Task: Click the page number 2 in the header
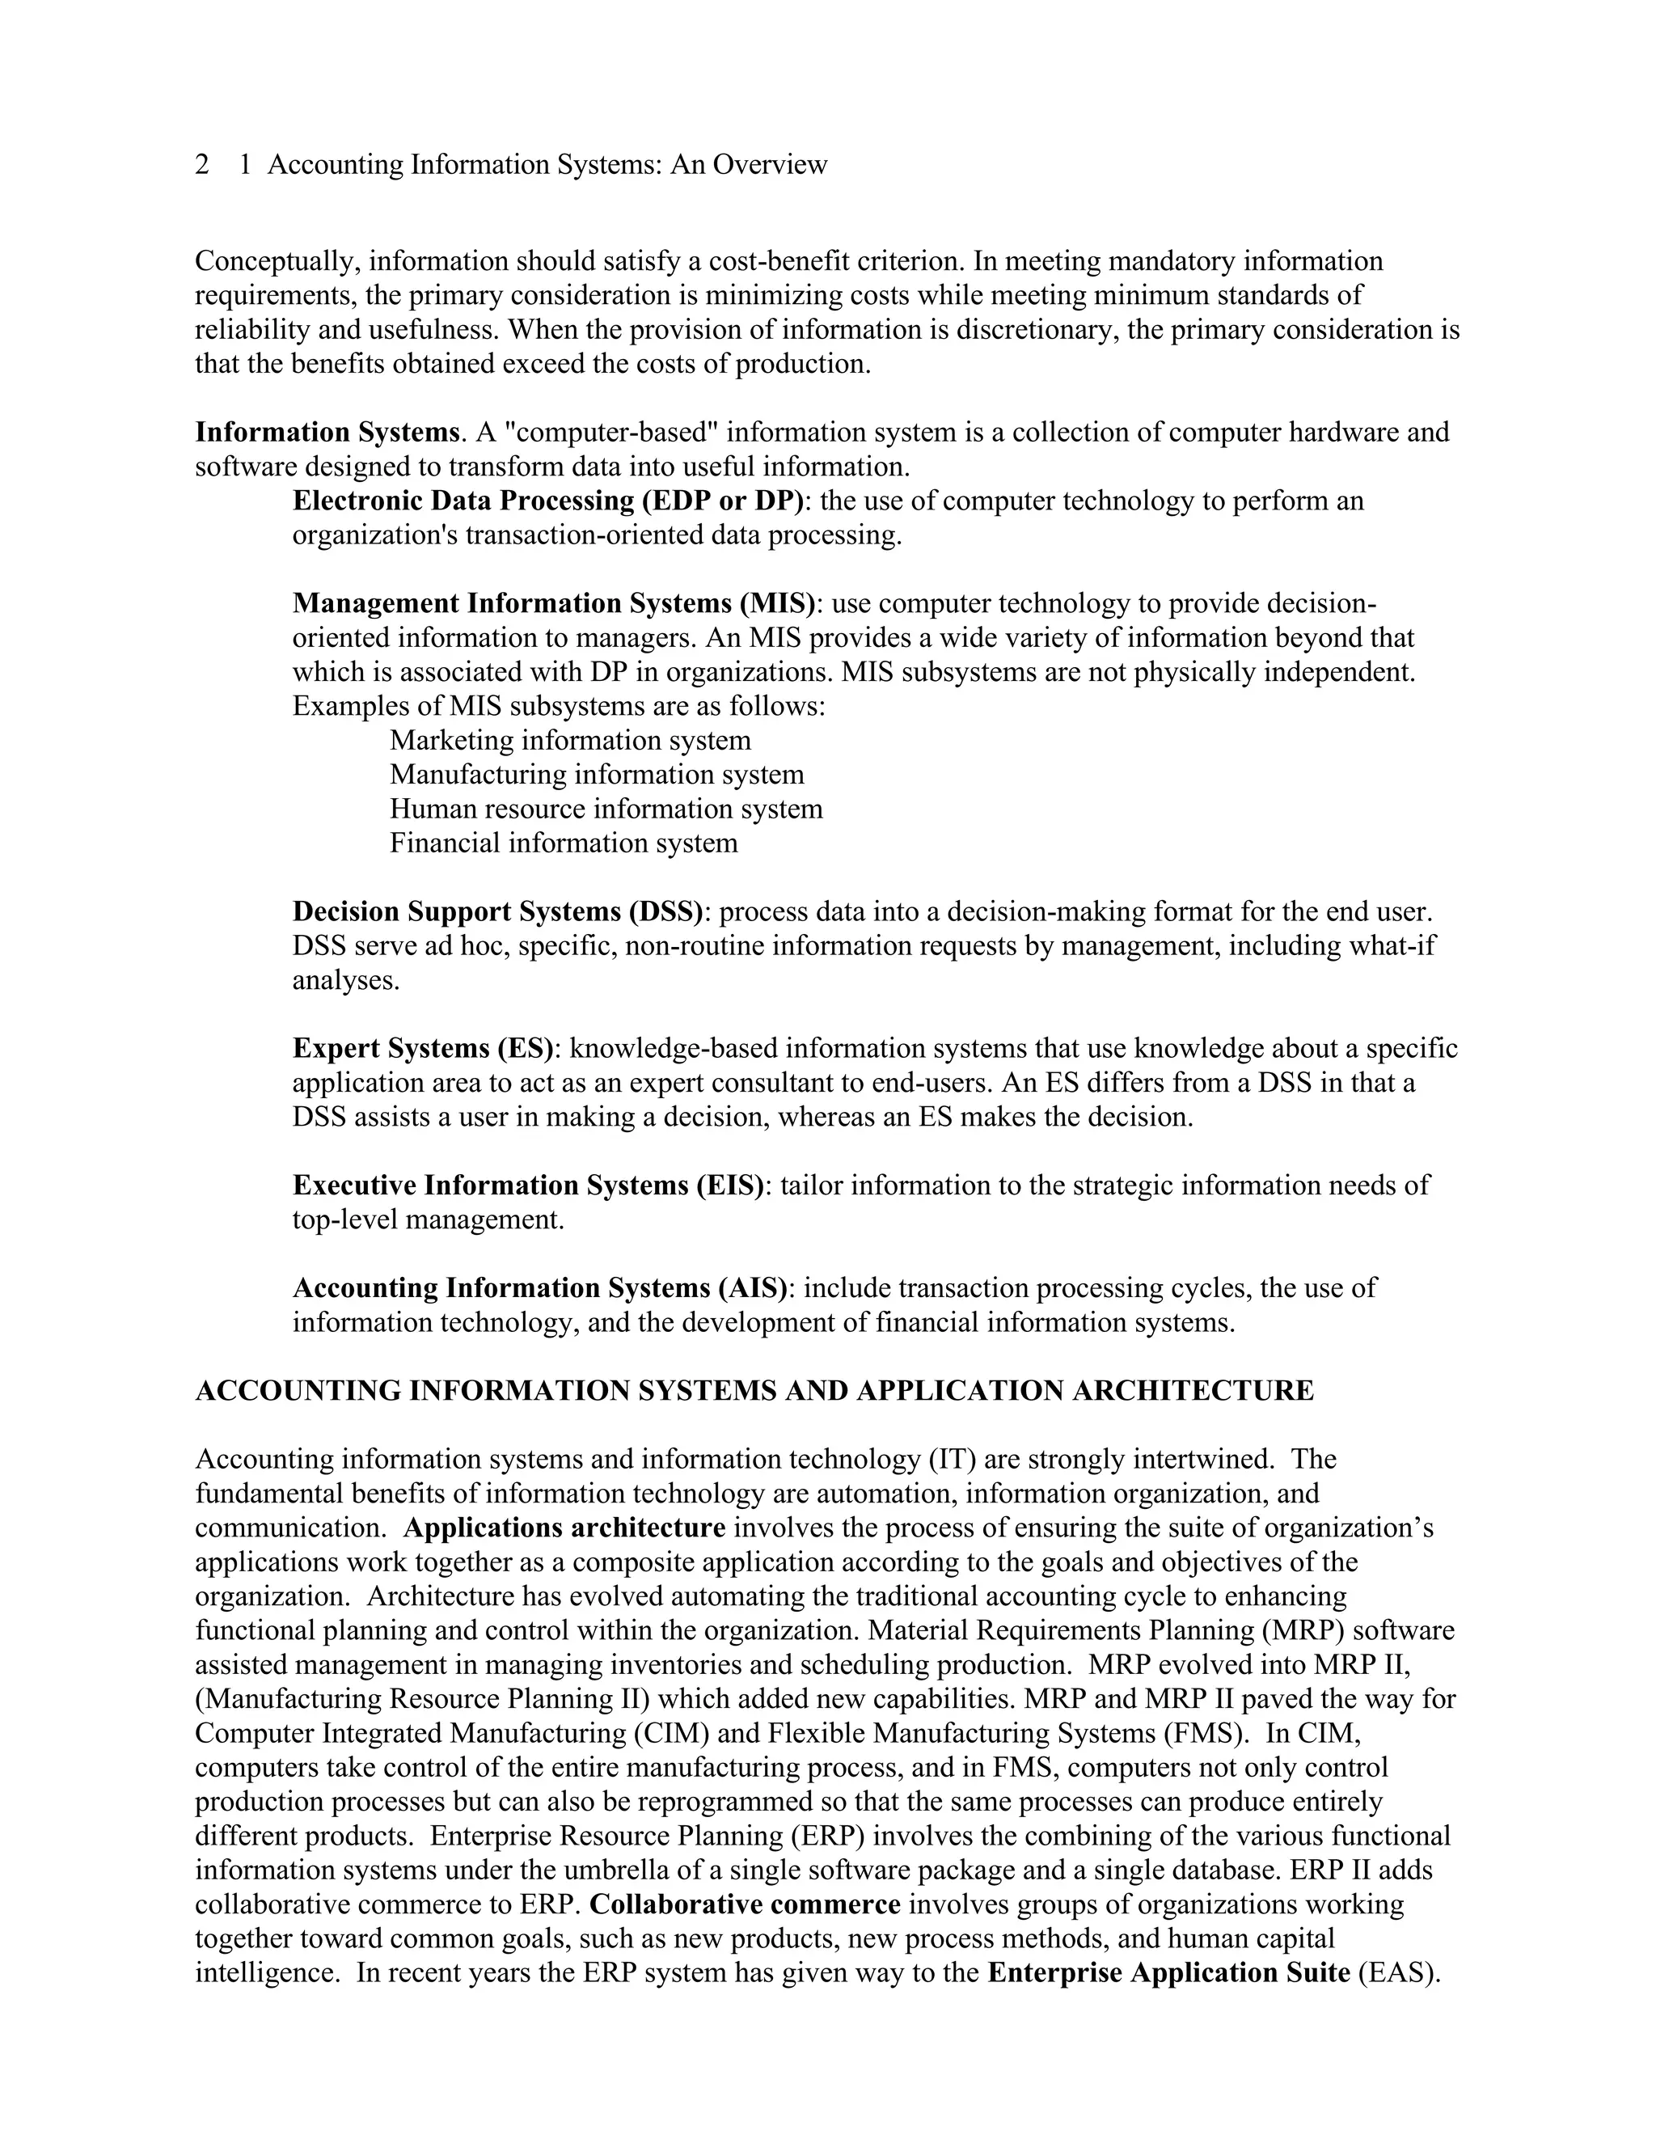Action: (202, 165)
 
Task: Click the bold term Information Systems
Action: (327, 433)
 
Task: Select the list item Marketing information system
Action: (570, 741)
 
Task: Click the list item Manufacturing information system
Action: (597, 776)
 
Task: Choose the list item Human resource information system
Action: (606, 809)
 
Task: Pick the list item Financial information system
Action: (563, 843)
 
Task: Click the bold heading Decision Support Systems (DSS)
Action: (497, 912)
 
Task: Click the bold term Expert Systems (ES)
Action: (423, 1049)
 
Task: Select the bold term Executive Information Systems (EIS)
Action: (528, 1186)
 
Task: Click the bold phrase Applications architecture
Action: (564, 1528)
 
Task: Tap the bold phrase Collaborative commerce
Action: (745, 1905)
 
